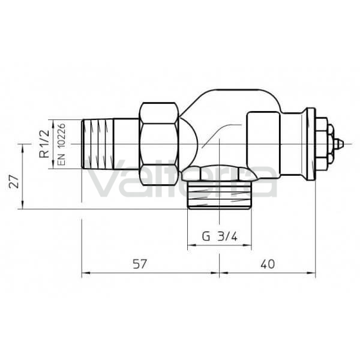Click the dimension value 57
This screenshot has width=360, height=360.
(140, 264)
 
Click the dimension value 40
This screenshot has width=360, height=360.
(268, 264)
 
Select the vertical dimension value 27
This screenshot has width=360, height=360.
(14, 181)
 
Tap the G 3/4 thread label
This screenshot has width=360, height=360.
(220, 236)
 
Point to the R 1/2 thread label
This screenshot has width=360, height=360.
(44, 144)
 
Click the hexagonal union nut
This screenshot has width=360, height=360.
(159, 144)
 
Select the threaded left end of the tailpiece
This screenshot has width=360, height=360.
(98, 144)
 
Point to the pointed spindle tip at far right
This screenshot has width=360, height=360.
(340, 144)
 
